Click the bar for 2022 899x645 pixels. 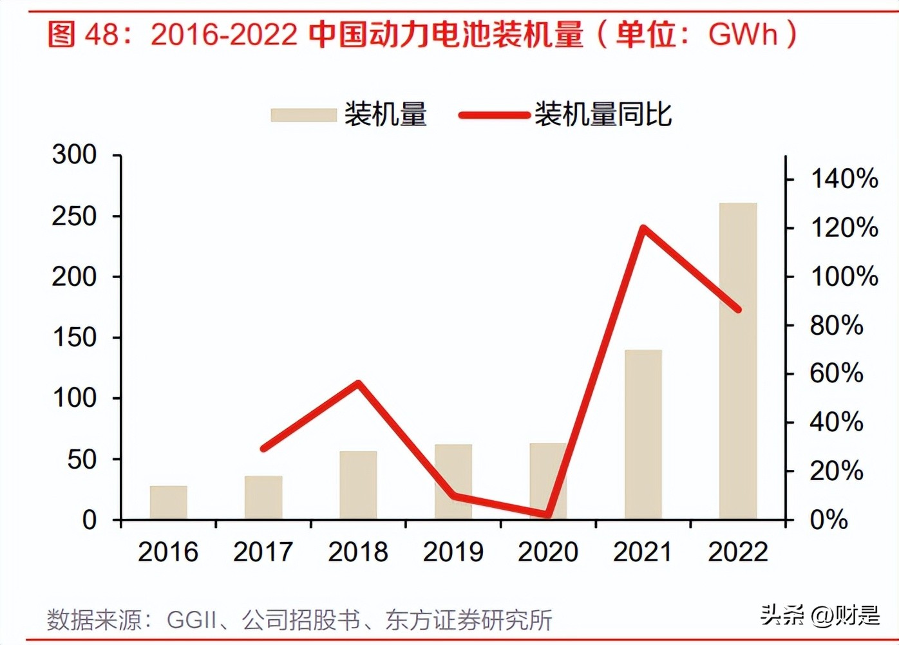coord(738,360)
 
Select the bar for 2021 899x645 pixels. coord(643,435)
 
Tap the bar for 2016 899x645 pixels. coord(168,502)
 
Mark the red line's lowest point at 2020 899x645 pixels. coord(548,514)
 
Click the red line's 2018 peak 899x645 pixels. coord(359,384)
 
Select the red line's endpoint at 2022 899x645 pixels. coord(738,309)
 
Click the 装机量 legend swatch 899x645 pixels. coord(303,115)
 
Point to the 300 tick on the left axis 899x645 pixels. coord(74,154)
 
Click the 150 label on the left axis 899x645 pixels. coord(74,337)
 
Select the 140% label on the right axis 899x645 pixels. coord(844,178)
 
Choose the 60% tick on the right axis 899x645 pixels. coord(836,373)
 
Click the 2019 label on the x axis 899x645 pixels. coord(453,552)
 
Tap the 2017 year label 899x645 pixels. coord(263,552)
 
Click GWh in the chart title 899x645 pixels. coord(743,33)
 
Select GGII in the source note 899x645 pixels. coord(191,620)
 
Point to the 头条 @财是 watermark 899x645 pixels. coord(819,615)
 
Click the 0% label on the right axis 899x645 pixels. coord(828,519)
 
